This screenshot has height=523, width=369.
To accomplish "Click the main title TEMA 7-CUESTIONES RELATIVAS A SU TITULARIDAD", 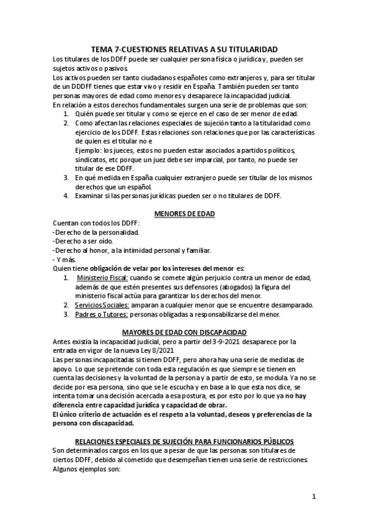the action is [x=184, y=50].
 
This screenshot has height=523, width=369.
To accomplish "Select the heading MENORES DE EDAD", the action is [x=184, y=214].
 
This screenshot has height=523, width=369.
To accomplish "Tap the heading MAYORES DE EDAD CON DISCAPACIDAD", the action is [x=184, y=332].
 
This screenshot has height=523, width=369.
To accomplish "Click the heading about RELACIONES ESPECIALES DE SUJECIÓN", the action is [x=184, y=442].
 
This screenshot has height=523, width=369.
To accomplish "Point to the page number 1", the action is [x=314, y=496].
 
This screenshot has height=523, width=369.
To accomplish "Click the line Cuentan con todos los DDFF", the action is [x=97, y=223].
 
